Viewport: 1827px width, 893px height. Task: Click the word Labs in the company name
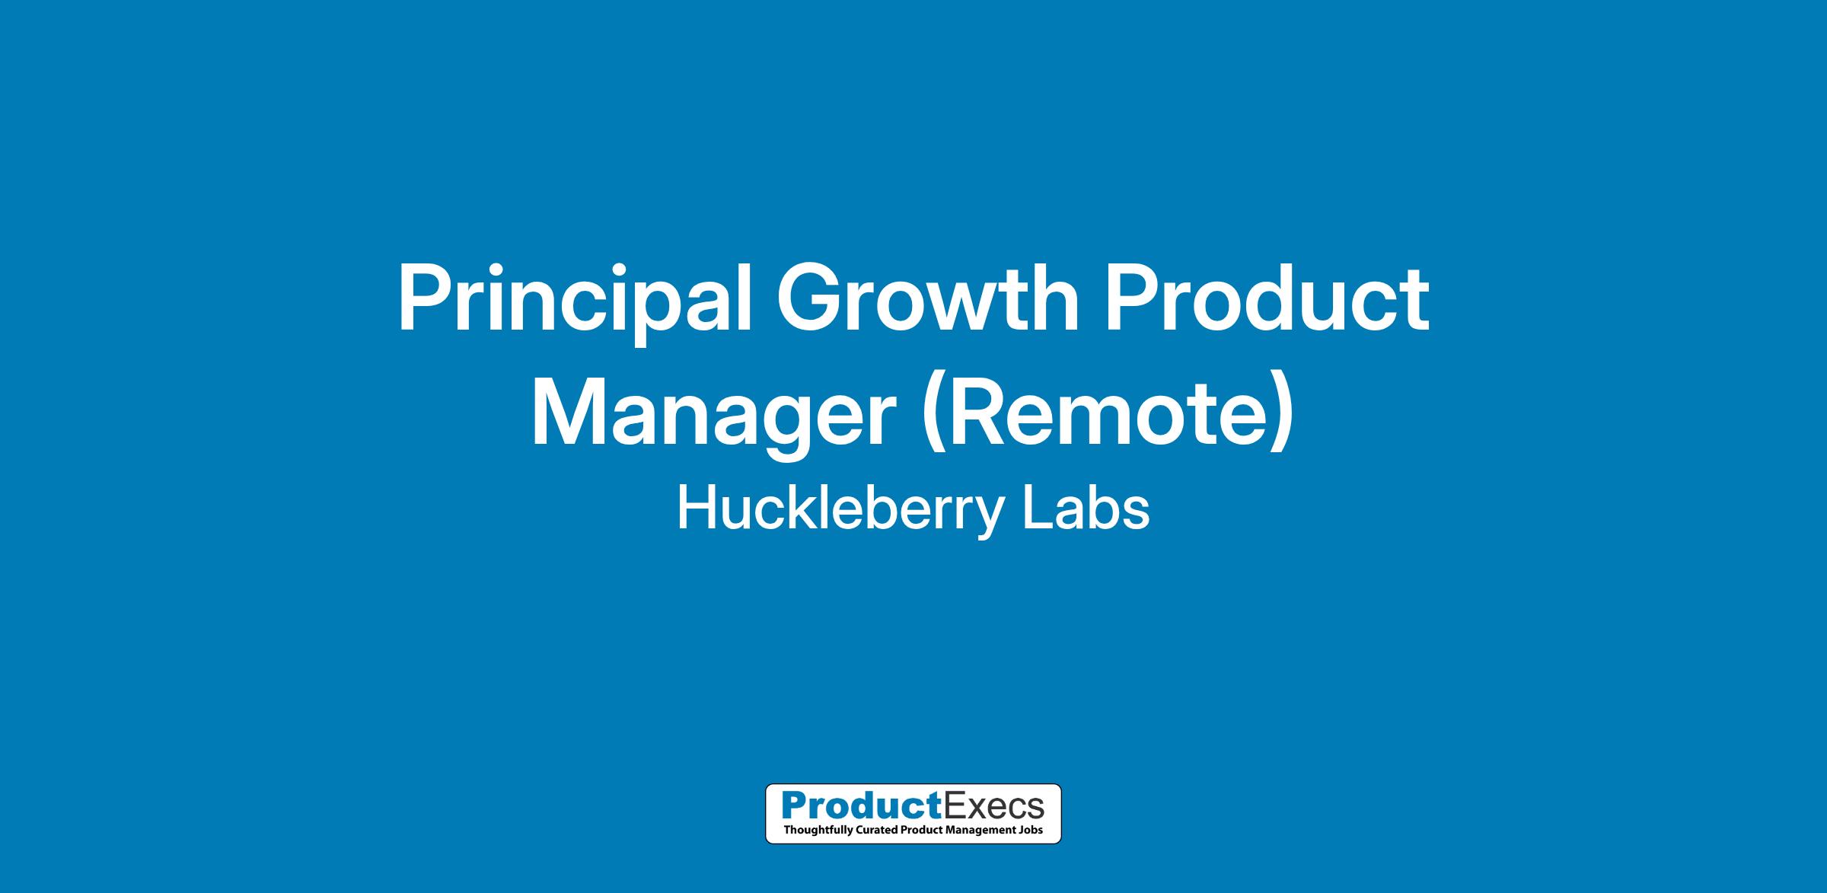click(1086, 509)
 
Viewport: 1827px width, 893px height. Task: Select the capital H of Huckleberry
click(696, 509)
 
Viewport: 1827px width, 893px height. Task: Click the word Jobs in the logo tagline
click(1032, 829)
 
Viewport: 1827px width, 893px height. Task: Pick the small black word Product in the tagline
click(918, 829)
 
